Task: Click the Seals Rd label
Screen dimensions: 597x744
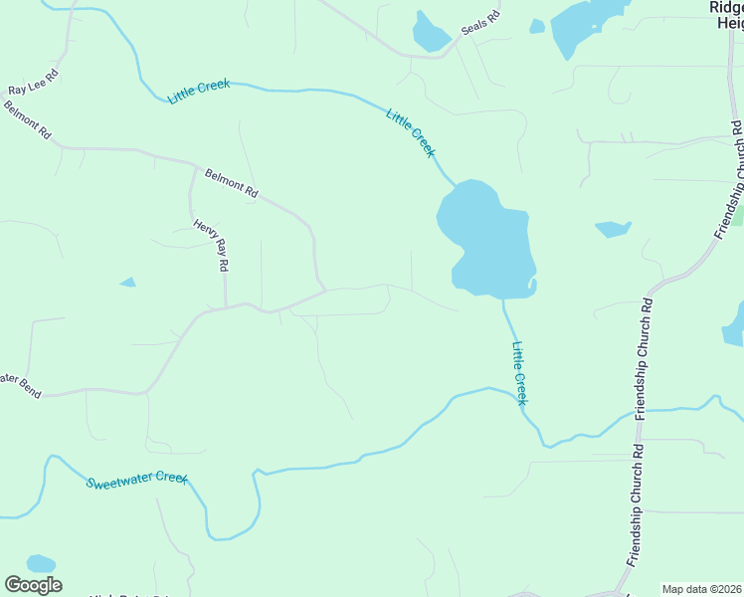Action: (479, 23)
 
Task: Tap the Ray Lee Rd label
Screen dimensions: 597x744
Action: (35, 83)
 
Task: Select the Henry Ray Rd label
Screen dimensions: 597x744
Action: (212, 246)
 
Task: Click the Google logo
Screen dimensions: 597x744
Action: (33, 584)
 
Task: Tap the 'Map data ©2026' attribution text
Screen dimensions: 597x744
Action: (702, 589)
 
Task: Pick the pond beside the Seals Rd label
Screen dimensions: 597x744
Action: (431, 34)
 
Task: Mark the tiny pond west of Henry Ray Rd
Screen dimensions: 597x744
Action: (127, 283)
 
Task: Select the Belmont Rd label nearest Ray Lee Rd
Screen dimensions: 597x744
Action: (27, 120)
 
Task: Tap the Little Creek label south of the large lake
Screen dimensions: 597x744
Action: (518, 373)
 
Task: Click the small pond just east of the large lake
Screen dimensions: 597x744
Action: (613, 229)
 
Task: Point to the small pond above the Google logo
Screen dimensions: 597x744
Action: (41, 563)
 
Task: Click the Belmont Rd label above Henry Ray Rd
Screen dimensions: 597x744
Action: (232, 183)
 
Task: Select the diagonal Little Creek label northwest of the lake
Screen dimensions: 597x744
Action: (411, 131)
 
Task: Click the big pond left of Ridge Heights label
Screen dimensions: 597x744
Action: (586, 25)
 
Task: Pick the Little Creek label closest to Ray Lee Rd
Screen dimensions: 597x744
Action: (199, 92)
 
